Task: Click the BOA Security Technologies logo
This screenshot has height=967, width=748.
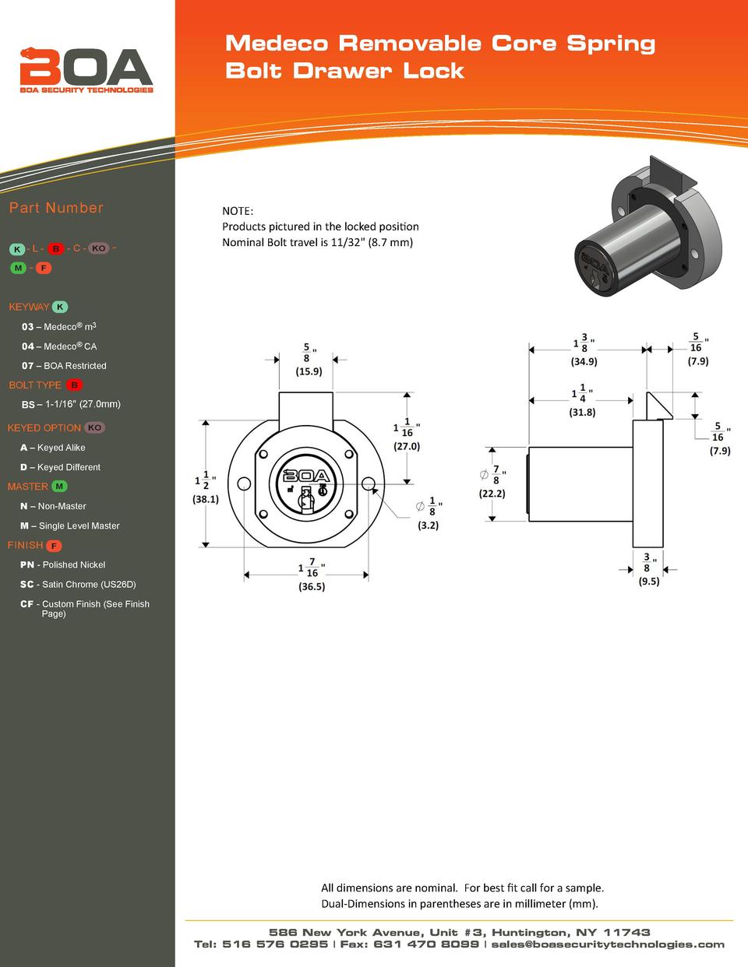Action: pyautogui.click(x=86, y=70)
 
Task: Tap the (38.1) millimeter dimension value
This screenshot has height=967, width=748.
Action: pyautogui.click(x=206, y=499)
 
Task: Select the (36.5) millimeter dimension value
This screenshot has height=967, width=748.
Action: pyautogui.click(x=312, y=586)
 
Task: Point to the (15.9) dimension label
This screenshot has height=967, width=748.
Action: pyautogui.click(x=309, y=371)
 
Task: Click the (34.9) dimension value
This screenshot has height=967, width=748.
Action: pyautogui.click(x=584, y=361)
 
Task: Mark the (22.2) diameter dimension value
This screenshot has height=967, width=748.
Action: pyautogui.click(x=492, y=494)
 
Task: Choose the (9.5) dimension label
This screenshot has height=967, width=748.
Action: pyautogui.click(x=649, y=581)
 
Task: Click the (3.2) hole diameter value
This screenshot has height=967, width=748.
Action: pyautogui.click(x=428, y=526)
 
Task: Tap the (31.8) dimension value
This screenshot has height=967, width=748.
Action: pyautogui.click(x=582, y=412)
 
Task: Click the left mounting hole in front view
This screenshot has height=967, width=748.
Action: pyautogui.click(x=244, y=483)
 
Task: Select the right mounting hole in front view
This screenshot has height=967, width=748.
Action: pyautogui.click(x=369, y=483)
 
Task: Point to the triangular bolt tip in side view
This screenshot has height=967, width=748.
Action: pyautogui.click(x=659, y=406)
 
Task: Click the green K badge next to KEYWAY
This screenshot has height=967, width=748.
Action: pyautogui.click(x=60, y=307)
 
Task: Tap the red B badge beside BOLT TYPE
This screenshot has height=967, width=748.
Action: pyautogui.click(x=74, y=385)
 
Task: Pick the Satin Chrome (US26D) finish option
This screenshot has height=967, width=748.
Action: pyautogui.click(x=78, y=584)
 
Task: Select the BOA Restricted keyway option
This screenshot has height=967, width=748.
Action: pyautogui.click(x=64, y=366)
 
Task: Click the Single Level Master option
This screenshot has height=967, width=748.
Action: pyautogui.click(x=70, y=526)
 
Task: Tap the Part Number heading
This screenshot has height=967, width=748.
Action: pyautogui.click(x=56, y=208)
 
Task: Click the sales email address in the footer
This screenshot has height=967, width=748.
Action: pyautogui.click(x=608, y=944)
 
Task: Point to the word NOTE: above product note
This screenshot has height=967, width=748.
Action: pyautogui.click(x=238, y=211)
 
